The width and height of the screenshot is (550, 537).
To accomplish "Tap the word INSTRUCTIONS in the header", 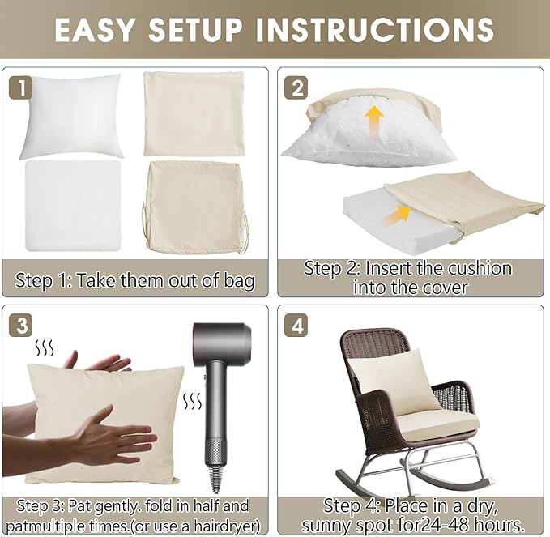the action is click(374, 30).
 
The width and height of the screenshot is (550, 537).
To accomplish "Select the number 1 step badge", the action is click(21, 87).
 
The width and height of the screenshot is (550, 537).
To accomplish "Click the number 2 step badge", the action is click(296, 87).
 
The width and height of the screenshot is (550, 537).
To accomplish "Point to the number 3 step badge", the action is click(21, 326).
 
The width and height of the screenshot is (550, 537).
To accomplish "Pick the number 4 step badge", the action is click(296, 326).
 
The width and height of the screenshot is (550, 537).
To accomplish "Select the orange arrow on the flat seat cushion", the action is click(397, 215).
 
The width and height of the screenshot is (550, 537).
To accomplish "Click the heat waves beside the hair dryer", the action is click(193, 401).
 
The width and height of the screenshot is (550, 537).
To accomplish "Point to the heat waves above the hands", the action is click(45, 348).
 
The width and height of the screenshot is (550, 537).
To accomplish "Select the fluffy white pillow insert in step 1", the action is click(71, 116).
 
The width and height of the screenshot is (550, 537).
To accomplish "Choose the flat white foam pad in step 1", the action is click(74, 206).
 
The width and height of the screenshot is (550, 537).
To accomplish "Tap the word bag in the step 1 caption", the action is click(241, 281).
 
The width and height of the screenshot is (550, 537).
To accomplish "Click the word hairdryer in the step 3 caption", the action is click(226, 526).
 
